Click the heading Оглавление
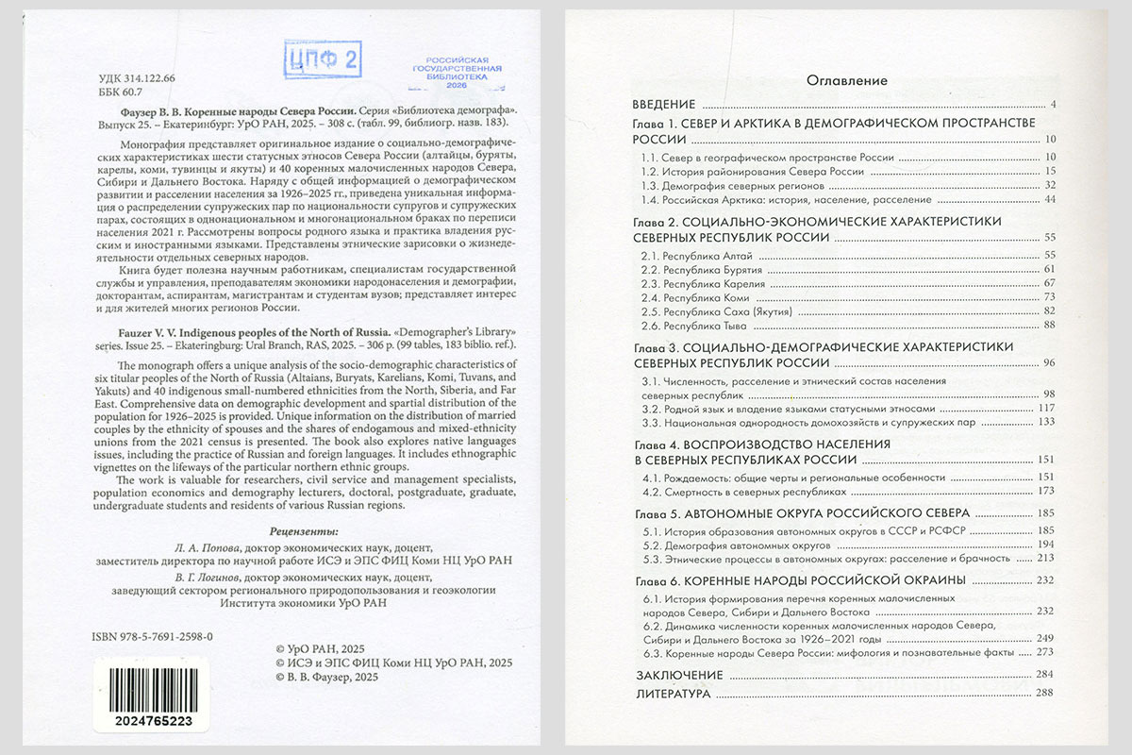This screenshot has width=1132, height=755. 846,80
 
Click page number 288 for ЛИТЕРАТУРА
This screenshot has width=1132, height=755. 1043,694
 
